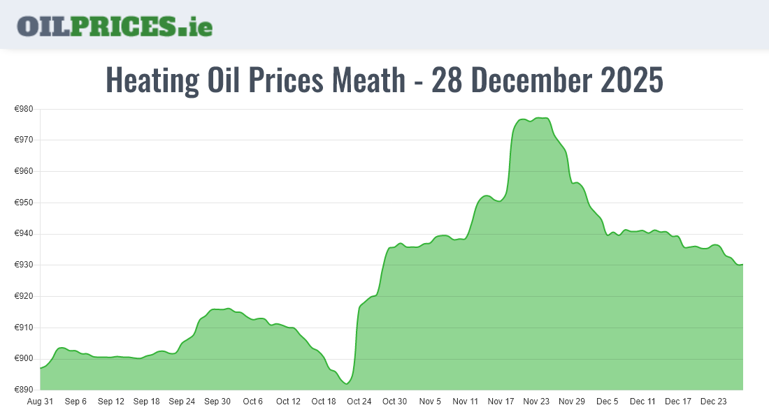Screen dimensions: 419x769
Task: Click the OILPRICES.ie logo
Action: (115, 26)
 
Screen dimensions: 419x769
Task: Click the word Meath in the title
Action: (368, 80)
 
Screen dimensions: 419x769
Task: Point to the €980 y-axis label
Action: (24, 109)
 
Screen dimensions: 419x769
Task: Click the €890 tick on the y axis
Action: (24, 390)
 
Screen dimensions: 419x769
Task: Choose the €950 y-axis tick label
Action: (24, 203)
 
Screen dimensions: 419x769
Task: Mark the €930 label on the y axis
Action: (24, 265)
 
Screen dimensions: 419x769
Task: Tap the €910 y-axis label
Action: (24, 328)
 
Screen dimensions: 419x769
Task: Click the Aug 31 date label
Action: (40, 402)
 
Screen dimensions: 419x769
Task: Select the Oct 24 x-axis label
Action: (359, 402)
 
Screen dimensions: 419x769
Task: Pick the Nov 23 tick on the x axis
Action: (536, 402)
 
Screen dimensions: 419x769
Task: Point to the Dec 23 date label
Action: (714, 402)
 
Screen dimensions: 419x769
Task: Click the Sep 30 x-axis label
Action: (217, 402)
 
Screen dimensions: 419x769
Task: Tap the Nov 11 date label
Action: (466, 402)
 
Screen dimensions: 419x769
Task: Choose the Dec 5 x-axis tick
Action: (607, 402)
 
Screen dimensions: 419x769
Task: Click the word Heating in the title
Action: (152, 80)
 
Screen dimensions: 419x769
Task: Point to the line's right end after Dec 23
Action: (742, 264)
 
